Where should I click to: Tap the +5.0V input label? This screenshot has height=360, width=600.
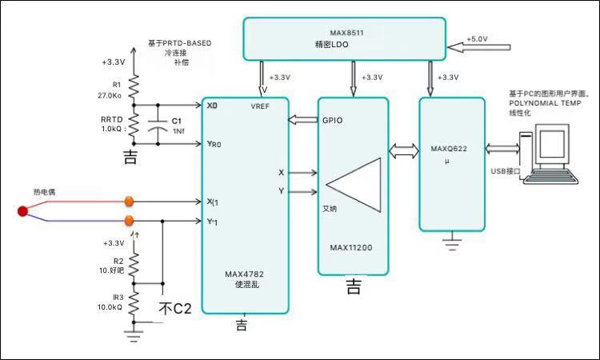[x=477, y=39]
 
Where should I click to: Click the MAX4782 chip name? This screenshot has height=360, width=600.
[x=244, y=274]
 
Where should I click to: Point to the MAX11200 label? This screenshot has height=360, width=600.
[x=350, y=247]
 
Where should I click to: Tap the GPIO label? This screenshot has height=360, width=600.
[x=333, y=121]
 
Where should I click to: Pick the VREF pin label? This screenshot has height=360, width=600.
[x=261, y=107]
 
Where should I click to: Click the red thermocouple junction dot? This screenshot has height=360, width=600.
[x=22, y=211]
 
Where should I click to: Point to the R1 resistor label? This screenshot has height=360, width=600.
[x=117, y=83]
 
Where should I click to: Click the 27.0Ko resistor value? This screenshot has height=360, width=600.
[x=110, y=94]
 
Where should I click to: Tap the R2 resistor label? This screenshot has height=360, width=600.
[x=118, y=261]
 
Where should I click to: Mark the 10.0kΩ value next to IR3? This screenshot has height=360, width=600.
[x=109, y=306]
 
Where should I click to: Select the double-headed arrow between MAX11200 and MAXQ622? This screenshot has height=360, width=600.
[x=402, y=150]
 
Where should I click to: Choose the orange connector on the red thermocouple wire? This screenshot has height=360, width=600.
[x=129, y=202]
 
